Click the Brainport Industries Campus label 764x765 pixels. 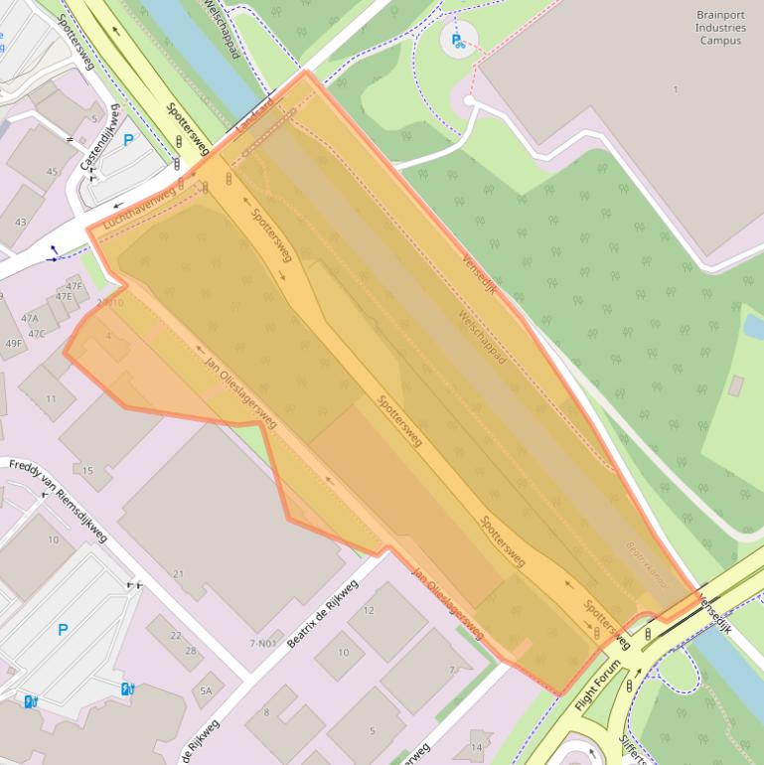tap(720, 29)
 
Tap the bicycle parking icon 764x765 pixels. tap(458, 40)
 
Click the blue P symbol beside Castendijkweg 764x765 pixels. tap(128, 141)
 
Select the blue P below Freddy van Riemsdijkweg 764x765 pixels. tap(64, 629)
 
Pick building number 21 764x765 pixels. tap(179, 574)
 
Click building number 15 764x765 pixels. tap(87, 470)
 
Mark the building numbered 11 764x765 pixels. tap(52, 399)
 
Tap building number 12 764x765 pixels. tap(369, 610)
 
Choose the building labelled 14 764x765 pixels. tap(476, 747)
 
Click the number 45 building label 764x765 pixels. tap(52, 172)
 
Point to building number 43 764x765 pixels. tap(21, 222)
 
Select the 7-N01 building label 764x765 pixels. tap(263, 644)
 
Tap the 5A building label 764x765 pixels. tap(206, 689)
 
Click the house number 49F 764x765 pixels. tap(13, 344)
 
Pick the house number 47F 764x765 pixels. tap(75, 286)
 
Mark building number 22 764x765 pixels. tap(176, 636)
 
